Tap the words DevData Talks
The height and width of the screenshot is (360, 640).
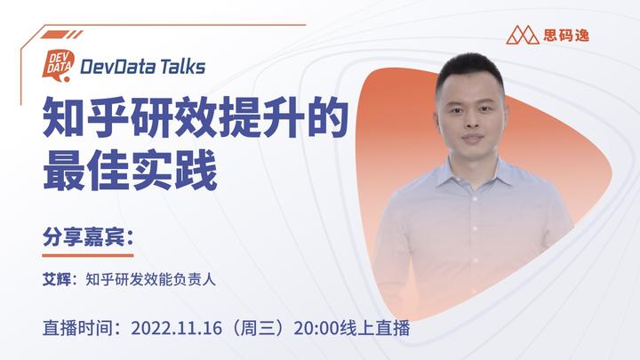(142, 66)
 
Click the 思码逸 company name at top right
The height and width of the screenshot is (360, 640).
(566, 36)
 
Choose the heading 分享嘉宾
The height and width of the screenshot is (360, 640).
(86, 239)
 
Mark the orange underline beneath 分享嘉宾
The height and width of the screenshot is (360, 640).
(86, 254)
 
